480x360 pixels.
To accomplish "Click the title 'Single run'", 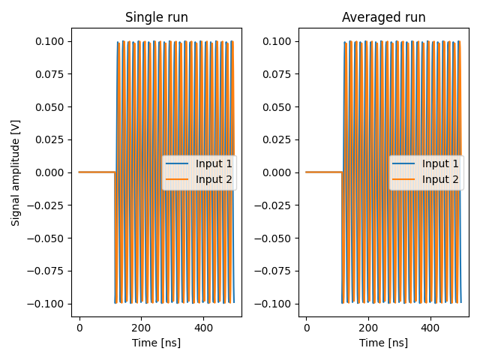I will coord(157,17).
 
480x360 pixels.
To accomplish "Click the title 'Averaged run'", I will coord(383,17).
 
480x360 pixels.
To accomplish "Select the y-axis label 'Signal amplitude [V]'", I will coord(16,172).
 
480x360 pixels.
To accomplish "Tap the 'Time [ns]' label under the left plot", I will coord(157,343).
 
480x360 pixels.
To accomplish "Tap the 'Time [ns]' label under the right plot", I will coord(383,343).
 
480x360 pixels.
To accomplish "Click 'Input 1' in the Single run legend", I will coord(214,163).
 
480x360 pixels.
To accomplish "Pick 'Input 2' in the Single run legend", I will coord(214,179).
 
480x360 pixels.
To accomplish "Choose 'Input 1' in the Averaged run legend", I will coord(440,163).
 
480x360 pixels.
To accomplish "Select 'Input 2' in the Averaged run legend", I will coord(440,179).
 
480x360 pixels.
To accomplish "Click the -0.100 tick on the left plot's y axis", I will coord(48,304).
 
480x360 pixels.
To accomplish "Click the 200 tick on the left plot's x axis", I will coord(141,328).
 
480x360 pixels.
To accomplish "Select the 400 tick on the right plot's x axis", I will coord(430,328).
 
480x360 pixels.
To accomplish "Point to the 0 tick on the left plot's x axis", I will coord(79,328).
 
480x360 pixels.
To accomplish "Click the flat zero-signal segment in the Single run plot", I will coord(97,172).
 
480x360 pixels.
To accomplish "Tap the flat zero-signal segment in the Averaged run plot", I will coord(323,172).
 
